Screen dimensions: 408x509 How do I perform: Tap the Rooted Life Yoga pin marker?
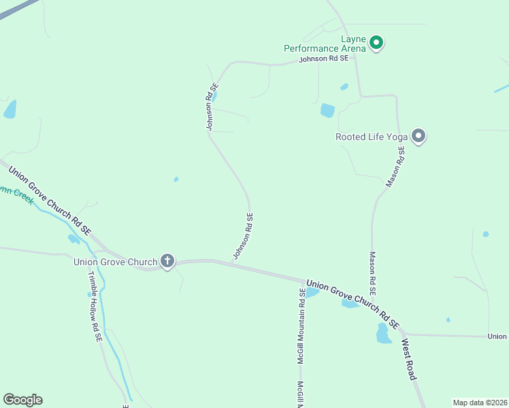click(419, 136)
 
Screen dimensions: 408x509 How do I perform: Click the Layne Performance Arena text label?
click(325, 48)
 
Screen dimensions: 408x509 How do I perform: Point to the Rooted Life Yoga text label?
click(371, 137)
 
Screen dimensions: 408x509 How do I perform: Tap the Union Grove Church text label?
click(114, 261)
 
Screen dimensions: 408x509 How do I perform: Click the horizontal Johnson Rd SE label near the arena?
click(324, 60)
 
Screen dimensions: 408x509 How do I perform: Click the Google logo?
click(22, 399)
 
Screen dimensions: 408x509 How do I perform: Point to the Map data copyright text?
click(480, 403)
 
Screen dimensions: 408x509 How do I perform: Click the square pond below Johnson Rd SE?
click(327, 110)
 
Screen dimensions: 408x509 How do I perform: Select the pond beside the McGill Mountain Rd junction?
click(312, 292)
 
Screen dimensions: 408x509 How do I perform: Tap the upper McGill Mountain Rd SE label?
click(300, 325)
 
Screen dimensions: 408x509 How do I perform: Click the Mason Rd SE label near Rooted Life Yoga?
click(396, 167)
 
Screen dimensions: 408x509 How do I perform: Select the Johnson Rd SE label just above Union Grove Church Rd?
click(243, 236)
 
